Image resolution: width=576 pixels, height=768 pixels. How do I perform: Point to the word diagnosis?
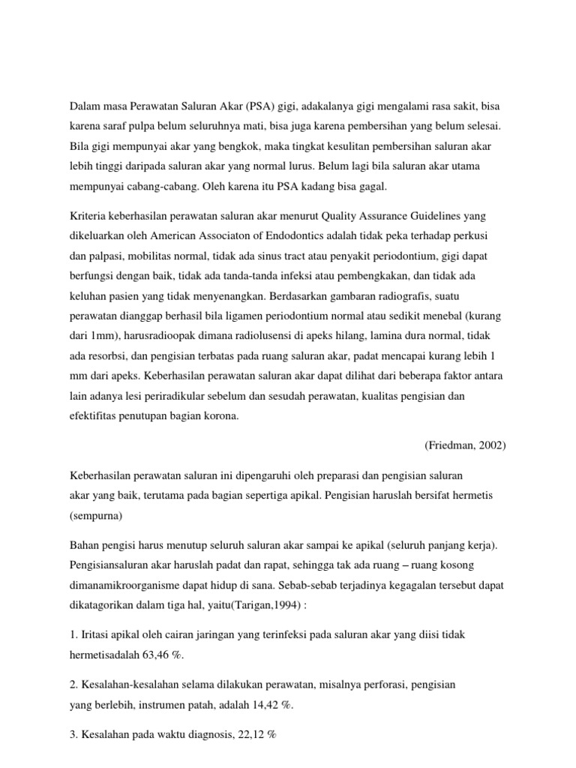[193, 736]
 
